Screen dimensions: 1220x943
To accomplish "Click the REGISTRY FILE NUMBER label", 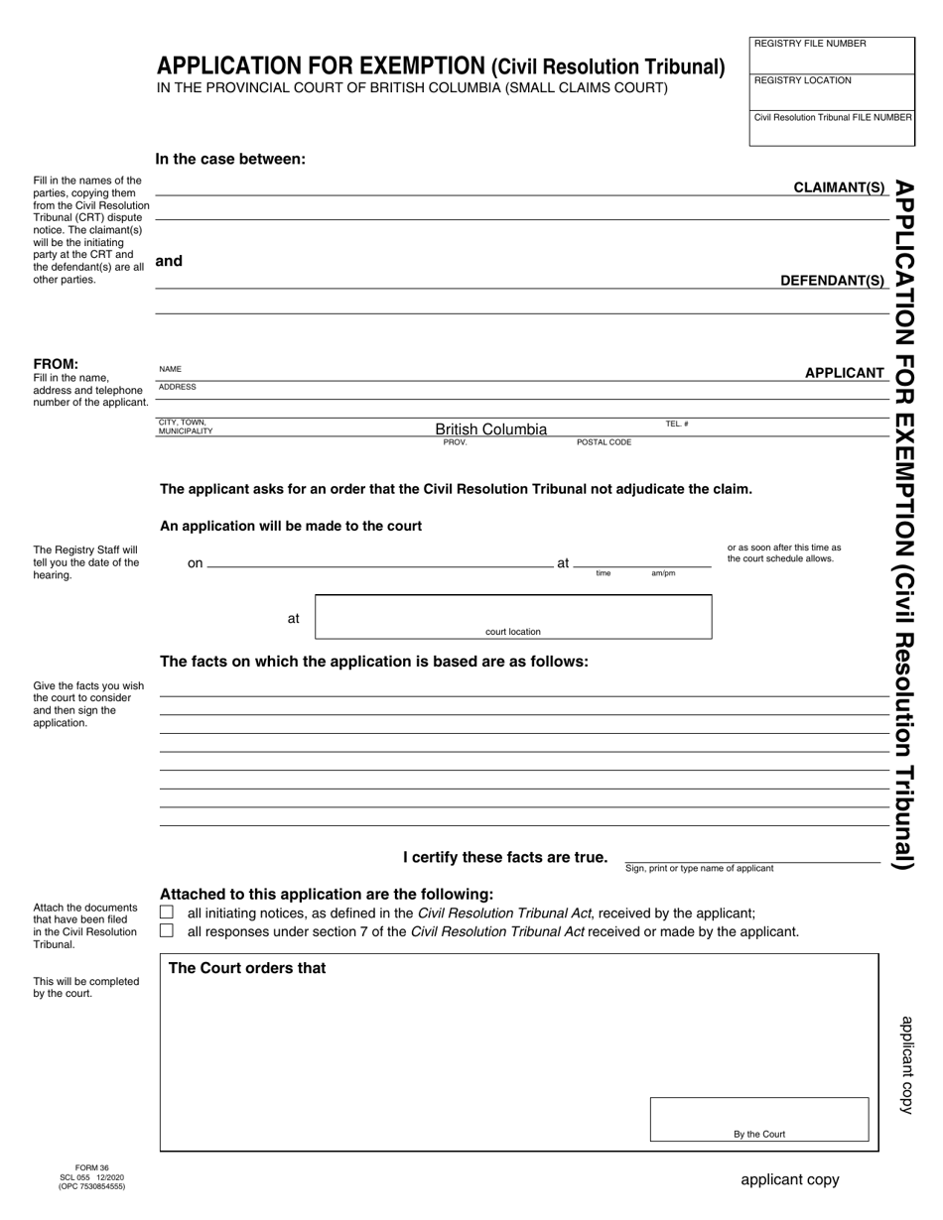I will pyautogui.click(x=810, y=44).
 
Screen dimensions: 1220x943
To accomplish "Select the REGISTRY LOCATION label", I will pyautogui.click(x=802, y=80).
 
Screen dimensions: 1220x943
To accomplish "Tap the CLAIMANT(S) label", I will pyautogui.click(x=839, y=187).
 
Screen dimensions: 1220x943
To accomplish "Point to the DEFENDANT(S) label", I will pyautogui.click(x=832, y=281).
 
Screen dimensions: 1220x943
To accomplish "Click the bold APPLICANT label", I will pyautogui.click(x=844, y=373).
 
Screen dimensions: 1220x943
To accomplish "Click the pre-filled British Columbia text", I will pyautogui.click(x=490, y=429).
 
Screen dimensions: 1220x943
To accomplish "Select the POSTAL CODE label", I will pyautogui.click(x=604, y=442).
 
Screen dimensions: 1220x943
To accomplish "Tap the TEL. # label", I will pyautogui.click(x=677, y=425).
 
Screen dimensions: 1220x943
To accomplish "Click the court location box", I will pyautogui.click(x=512, y=616).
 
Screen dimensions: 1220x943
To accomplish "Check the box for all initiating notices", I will pyautogui.click(x=167, y=913).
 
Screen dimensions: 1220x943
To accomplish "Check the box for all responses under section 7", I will pyautogui.click(x=167, y=931).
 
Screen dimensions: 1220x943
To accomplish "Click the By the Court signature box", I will pyautogui.click(x=759, y=1119).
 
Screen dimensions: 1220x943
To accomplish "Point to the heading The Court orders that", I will pyautogui.click(x=247, y=968).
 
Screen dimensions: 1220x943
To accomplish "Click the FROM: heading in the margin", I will pyautogui.click(x=56, y=364).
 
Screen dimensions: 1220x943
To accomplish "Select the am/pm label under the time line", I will pyautogui.click(x=663, y=573).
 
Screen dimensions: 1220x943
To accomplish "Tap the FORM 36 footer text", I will pyautogui.click(x=91, y=1168).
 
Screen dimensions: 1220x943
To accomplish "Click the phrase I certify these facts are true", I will pyautogui.click(x=504, y=857).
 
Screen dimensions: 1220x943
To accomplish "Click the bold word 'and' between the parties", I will pyautogui.click(x=169, y=261).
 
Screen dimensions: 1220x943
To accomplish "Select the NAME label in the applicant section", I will pyautogui.click(x=170, y=369).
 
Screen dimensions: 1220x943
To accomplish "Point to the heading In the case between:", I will pyautogui.click(x=230, y=159).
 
